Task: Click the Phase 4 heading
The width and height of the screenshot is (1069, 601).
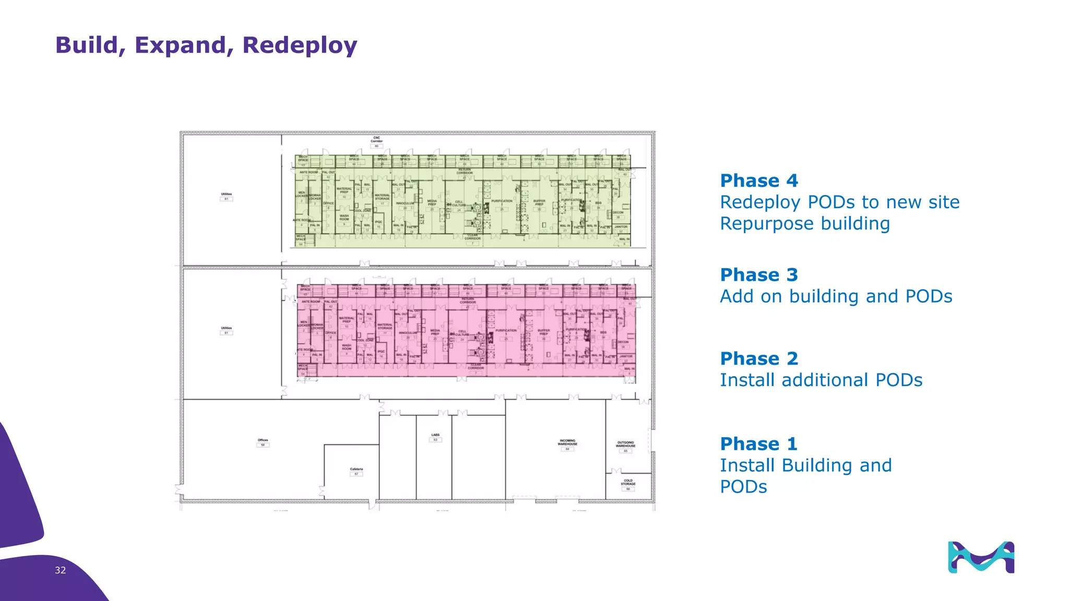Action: coord(759,181)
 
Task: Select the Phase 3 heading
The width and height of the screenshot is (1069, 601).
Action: coord(759,275)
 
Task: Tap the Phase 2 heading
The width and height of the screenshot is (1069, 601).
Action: coord(759,359)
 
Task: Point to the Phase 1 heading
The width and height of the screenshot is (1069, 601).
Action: coord(759,444)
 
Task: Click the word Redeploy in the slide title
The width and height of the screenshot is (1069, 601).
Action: coord(300,46)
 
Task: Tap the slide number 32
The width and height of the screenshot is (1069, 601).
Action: coord(60,570)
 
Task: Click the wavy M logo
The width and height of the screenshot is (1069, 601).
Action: coord(981,557)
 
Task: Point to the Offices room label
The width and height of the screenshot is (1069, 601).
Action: coord(263,440)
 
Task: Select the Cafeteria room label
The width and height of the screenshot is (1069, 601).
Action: coord(357,470)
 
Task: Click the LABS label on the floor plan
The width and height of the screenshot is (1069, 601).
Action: coord(435,435)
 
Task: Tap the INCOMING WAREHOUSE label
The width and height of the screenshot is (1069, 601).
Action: coord(567,442)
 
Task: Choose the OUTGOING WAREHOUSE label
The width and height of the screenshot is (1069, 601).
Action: coord(625,444)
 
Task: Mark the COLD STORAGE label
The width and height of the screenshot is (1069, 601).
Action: coord(628,482)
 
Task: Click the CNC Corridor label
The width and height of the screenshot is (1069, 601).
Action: coord(376,139)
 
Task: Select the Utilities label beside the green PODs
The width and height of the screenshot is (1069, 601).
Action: coord(226,195)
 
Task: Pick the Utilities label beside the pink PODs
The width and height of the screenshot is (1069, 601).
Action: coord(226,329)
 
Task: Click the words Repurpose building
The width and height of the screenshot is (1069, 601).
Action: coord(805,224)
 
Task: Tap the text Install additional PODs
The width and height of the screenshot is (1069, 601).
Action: coord(821,380)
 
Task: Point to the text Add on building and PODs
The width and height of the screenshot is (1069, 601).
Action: coord(836,296)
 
